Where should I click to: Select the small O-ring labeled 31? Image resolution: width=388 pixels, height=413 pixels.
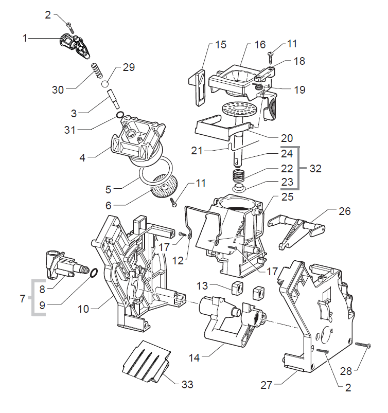point(119,115)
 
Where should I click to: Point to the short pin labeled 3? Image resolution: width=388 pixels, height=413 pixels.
point(112,97)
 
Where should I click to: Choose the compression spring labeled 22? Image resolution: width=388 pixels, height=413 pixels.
point(237,175)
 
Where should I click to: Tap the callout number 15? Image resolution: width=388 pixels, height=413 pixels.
point(220,45)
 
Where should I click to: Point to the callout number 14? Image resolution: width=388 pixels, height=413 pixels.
point(192,355)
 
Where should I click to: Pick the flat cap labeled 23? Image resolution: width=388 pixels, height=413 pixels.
point(239,188)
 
